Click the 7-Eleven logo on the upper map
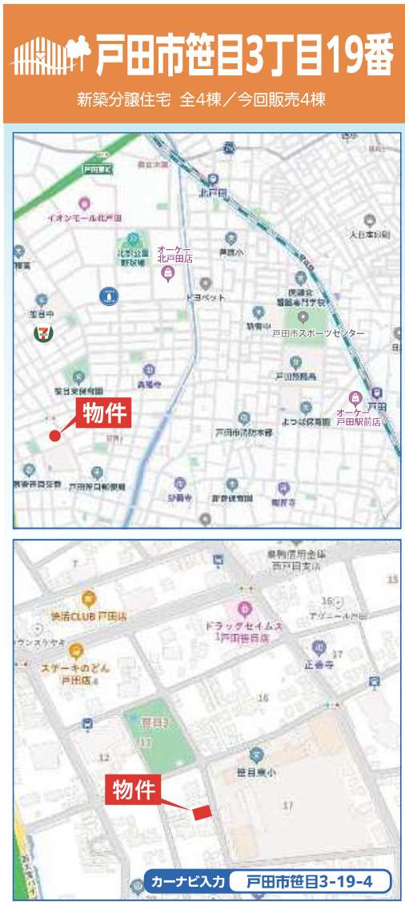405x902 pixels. click(38, 332)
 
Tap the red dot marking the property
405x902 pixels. click(54, 436)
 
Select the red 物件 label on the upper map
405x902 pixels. click(103, 413)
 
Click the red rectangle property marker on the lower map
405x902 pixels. click(202, 811)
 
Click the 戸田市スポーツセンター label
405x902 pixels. click(318, 333)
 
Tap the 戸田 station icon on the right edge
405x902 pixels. click(378, 394)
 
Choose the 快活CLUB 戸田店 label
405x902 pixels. click(89, 616)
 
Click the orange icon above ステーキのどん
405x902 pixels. click(76, 650)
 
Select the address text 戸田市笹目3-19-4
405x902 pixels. click(309, 882)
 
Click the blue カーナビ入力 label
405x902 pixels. click(186, 882)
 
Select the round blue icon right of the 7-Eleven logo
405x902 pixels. click(108, 296)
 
